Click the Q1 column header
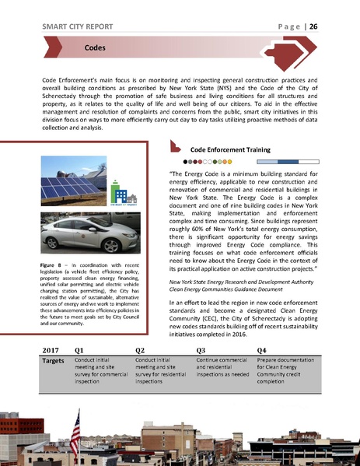pyautogui.click(x=80, y=349)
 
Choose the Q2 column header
pyautogui.click(x=140, y=349)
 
